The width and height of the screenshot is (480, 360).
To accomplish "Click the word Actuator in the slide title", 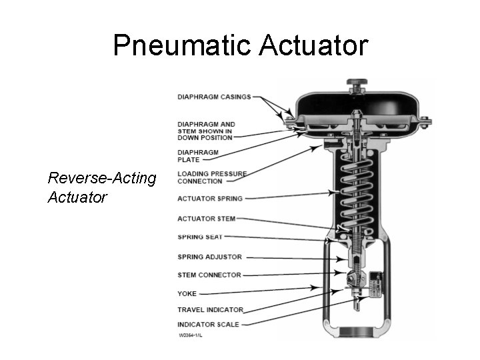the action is coord(312,45).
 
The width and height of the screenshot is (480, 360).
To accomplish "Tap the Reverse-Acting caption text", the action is coord(102,179).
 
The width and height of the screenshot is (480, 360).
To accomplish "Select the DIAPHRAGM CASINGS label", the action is coord(214,97).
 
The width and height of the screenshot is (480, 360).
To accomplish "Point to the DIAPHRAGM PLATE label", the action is coord(198,156).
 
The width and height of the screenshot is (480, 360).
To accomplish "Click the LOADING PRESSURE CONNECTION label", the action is coord(211,177).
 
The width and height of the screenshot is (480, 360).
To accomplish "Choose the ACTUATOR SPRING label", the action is coord(210,199).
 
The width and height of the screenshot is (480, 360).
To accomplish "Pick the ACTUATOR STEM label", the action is coord(206,219).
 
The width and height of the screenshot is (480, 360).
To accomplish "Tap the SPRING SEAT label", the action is coord(200,237).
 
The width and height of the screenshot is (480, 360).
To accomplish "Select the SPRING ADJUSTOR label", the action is coord(209,257).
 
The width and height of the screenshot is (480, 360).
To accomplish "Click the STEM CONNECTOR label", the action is coord(209,275).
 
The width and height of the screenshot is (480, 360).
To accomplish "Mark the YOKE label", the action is coord(187,293).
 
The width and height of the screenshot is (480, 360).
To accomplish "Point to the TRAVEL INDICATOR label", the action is coord(210,309).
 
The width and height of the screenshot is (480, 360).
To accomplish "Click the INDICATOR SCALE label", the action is coord(208,325).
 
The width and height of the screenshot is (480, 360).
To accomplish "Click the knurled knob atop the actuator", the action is coord(357,85).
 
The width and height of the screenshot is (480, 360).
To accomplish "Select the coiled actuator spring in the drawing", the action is coord(356,193).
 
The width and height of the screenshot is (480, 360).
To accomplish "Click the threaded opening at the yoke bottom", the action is coord(357,332).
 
